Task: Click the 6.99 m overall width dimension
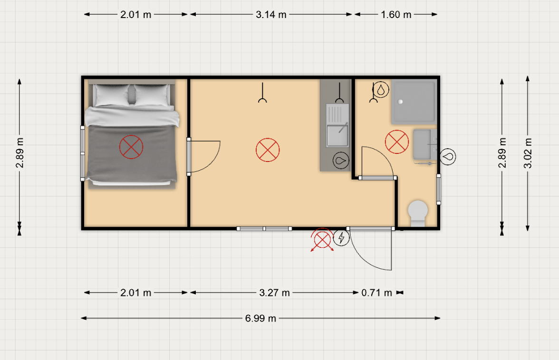(x=260, y=318)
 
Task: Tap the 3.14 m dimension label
(x=271, y=15)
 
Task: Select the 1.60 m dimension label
(x=395, y=15)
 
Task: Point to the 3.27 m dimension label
(x=274, y=293)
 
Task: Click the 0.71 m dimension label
(x=376, y=293)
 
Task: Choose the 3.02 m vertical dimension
(x=528, y=153)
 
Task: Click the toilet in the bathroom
(x=418, y=213)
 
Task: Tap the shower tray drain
(x=400, y=102)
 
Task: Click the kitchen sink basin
(x=337, y=136)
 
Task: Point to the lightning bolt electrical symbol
(x=341, y=237)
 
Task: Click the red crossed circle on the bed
(x=131, y=147)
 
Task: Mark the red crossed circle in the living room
(x=267, y=150)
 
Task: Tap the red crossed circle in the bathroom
(x=397, y=142)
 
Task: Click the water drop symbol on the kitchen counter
(x=341, y=160)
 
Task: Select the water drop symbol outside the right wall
(x=448, y=157)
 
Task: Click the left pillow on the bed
(x=112, y=95)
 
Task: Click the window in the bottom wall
(x=264, y=228)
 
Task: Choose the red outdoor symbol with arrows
(x=322, y=240)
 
